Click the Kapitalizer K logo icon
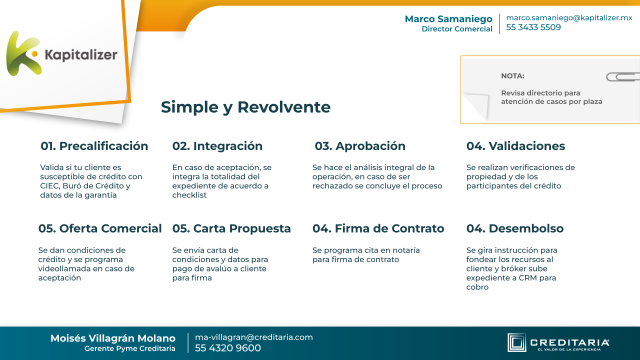(24, 53)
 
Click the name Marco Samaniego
(448, 19)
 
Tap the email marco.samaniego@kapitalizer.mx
(569, 17)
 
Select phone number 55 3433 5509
(533, 27)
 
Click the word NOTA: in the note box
(512, 76)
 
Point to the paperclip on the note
(623, 77)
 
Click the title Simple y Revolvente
(245, 107)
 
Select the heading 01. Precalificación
(94, 146)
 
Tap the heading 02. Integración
(217, 146)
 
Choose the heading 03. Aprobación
(360, 146)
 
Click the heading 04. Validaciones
(515, 146)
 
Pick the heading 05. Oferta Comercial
(100, 228)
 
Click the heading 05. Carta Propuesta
(231, 228)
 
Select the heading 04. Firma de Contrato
(378, 228)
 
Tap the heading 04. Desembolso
(515, 228)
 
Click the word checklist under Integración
(189, 195)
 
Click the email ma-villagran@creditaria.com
(254, 337)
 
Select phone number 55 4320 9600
(228, 348)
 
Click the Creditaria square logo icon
(516, 342)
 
